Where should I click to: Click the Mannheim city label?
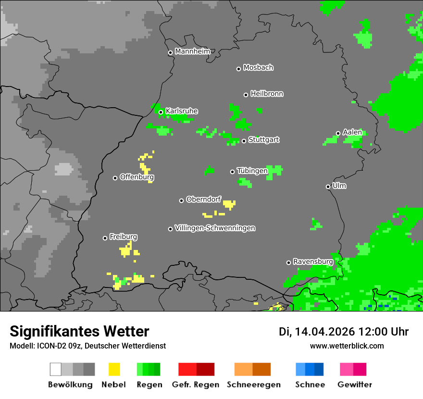click(192, 51)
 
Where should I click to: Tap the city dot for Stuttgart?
click(244, 141)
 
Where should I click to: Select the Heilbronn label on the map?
click(267, 94)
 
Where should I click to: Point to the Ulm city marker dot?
click(328, 187)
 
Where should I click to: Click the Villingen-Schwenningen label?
click(215, 228)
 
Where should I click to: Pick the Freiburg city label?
click(123, 237)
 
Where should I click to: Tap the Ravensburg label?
click(313, 262)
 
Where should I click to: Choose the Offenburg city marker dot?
click(115, 178)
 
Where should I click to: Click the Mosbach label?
click(258, 68)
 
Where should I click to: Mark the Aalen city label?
click(352, 132)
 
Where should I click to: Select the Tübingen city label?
click(252, 171)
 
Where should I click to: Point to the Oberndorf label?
click(203, 199)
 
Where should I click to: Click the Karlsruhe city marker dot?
click(161, 112)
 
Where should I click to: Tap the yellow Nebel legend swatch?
click(114, 369)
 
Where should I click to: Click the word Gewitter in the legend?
click(354, 385)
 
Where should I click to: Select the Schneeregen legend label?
click(253, 385)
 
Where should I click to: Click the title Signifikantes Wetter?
click(79, 331)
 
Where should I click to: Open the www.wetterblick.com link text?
click(347, 346)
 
